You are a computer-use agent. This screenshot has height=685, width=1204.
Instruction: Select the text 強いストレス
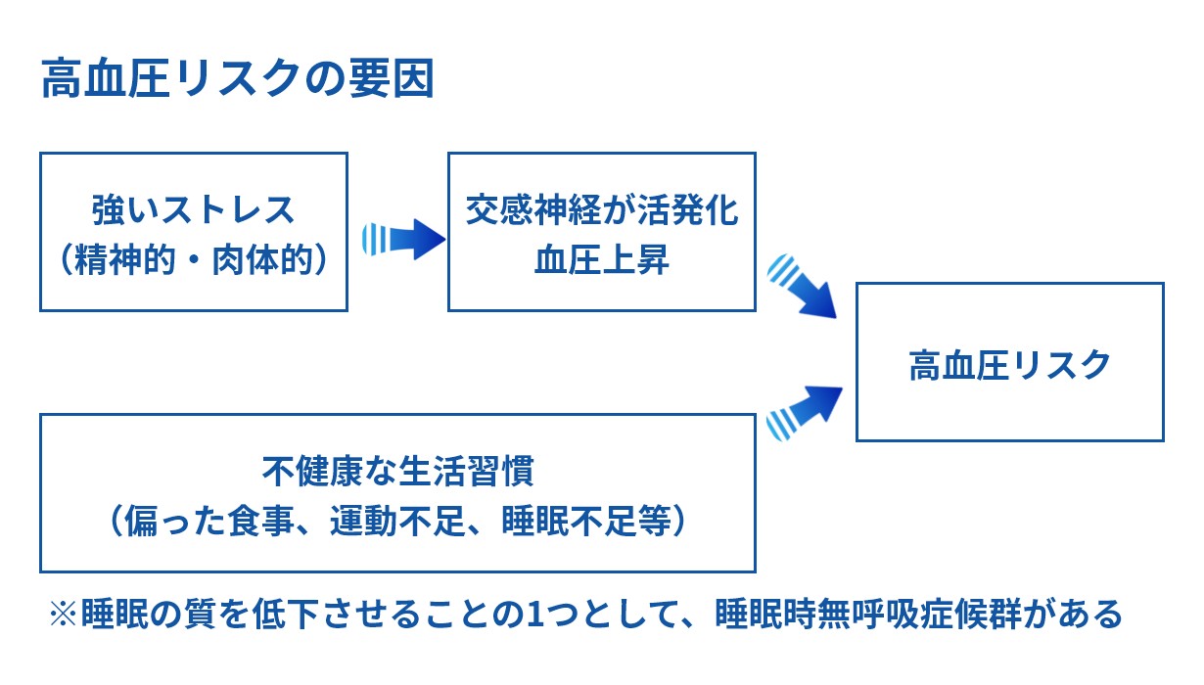coord(194,210)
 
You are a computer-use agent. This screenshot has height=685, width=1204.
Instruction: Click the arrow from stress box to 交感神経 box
coord(402,238)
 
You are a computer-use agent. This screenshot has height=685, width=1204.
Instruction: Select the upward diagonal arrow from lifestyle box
coord(805,410)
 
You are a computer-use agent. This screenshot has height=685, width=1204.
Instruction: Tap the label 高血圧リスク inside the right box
coord(1009,364)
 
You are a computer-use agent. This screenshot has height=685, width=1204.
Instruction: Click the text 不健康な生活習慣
coord(397,473)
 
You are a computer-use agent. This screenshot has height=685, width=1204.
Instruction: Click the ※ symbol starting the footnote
coord(63,616)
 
